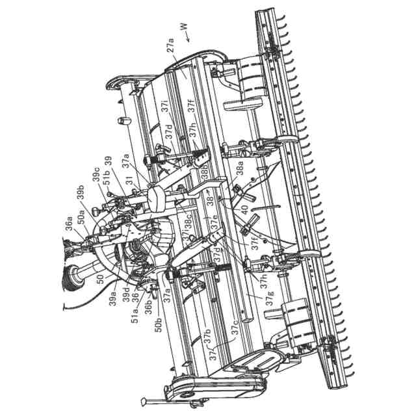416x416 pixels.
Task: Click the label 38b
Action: click(x=205, y=172)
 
